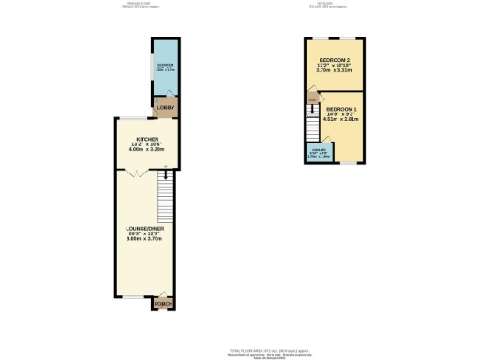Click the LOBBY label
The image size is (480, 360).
coord(162,106)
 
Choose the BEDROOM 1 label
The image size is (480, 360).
coord(341,108)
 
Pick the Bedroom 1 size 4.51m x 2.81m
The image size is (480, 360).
coord(341,119)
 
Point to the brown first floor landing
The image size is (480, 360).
coord(309,98)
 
